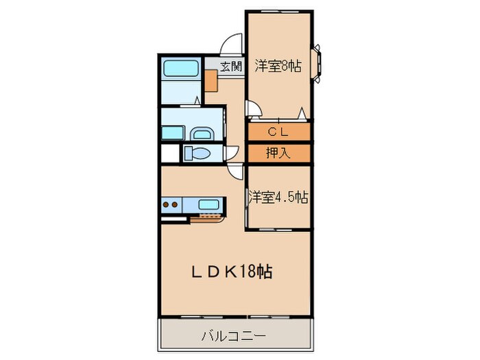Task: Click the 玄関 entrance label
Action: click(x=232, y=67)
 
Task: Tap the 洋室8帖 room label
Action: click(x=278, y=67)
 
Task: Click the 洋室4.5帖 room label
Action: click(x=278, y=197)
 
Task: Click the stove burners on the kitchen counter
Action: click(x=172, y=204)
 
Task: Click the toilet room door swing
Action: click(x=233, y=152)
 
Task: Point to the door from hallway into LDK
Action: click(x=236, y=173)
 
